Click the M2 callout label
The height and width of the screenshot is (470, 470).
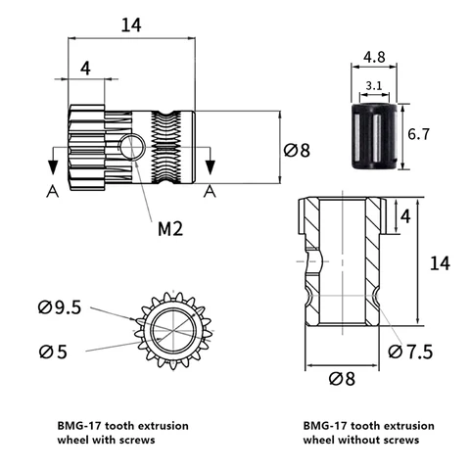click(170, 229)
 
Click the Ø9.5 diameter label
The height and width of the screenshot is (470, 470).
click(60, 307)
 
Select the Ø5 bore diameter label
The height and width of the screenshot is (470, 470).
click(53, 352)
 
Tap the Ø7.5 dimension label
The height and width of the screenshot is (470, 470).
click(410, 352)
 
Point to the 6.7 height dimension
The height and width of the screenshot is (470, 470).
click(419, 134)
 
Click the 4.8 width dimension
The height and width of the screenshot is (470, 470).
click(374, 57)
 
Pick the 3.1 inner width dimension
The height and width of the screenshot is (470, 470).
click(374, 86)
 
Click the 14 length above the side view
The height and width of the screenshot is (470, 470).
click(131, 25)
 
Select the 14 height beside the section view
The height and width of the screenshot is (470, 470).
click(440, 263)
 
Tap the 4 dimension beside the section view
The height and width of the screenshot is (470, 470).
click(405, 216)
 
